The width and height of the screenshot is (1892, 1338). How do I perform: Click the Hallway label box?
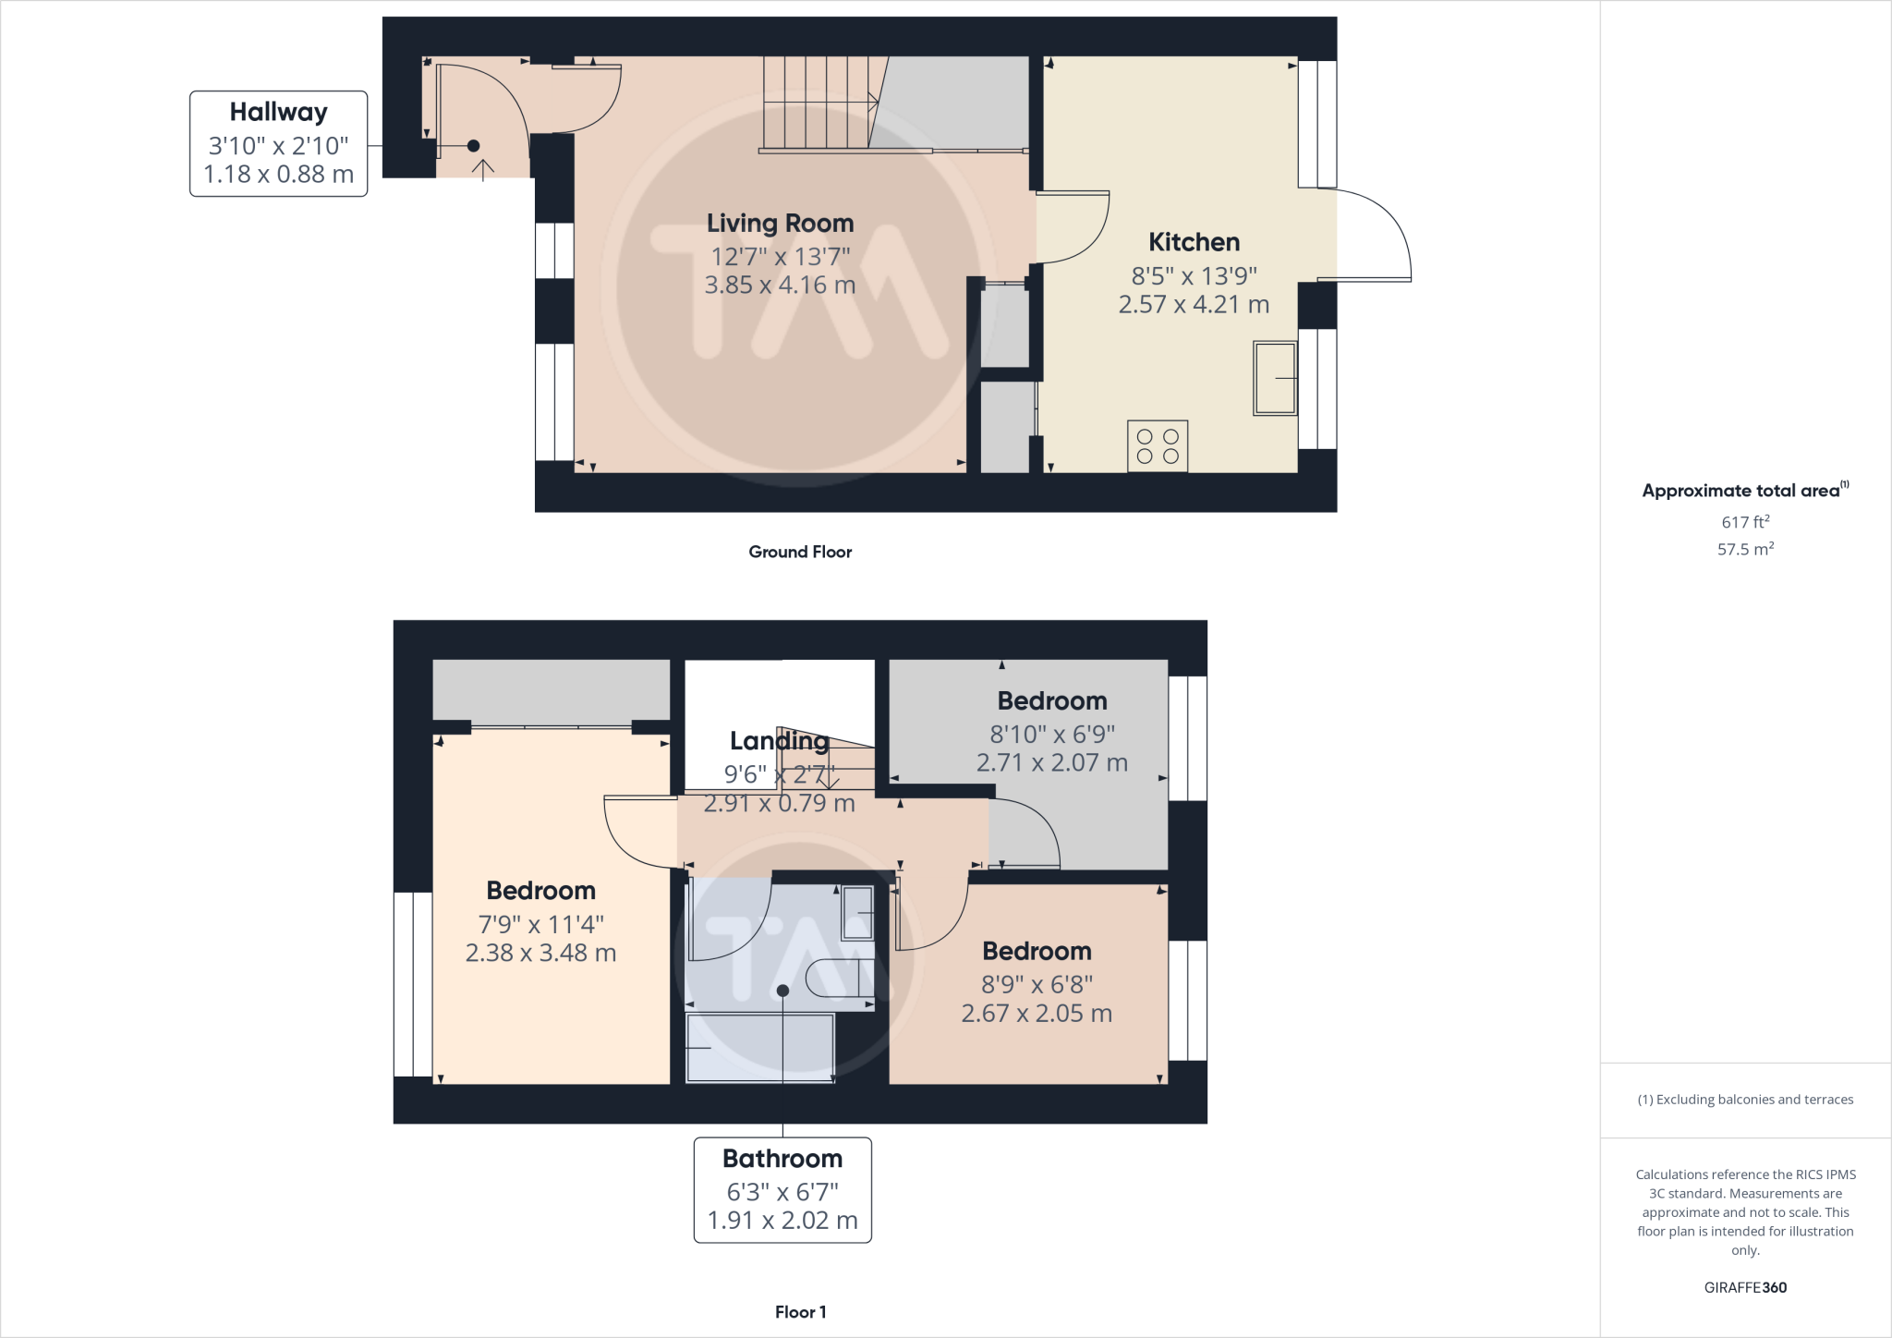point(278,143)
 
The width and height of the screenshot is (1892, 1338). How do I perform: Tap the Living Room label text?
point(780,223)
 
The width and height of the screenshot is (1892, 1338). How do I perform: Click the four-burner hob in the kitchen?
point(1158,446)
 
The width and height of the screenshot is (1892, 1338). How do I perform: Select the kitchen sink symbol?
point(1275,378)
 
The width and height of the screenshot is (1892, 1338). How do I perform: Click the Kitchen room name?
point(1194,242)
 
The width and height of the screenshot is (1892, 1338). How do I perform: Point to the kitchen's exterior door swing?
point(1367,231)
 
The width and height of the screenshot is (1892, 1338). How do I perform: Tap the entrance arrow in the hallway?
point(483,169)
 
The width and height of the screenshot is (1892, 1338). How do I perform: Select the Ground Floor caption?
point(800,552)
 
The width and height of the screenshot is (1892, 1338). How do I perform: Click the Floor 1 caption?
point(800,1312)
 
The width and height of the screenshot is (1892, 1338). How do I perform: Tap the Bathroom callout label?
point(782,1189)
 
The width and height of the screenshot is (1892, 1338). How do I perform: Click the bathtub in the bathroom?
point(759,1048)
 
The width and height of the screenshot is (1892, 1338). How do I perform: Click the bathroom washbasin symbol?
point(857,913)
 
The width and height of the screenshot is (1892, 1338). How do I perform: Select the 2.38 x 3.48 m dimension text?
point(540,953)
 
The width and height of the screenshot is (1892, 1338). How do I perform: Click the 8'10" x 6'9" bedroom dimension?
point(1052,734)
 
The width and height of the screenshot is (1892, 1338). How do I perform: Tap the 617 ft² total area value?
point(1745,522)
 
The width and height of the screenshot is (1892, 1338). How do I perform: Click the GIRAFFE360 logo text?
point(1745,1287)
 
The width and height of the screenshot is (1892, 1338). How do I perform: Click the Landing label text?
point(779,741)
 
